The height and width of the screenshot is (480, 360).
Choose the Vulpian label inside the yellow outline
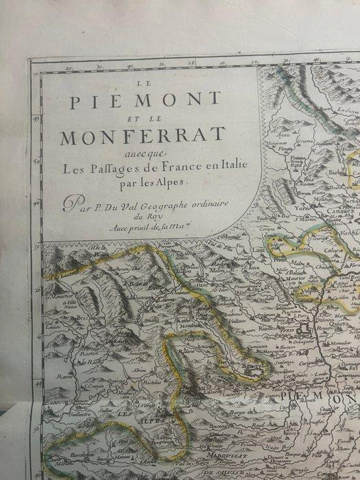[x=306, y=299]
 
